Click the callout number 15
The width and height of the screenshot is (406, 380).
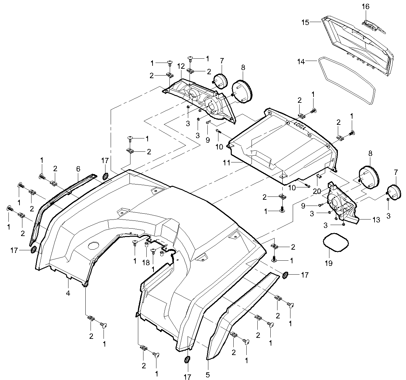click(x=305, y=22)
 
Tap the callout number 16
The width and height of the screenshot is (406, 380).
click(x=366, y=6)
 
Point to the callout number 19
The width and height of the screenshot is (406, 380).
click(x=328, y=263)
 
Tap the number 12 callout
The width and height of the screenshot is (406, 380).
click(x=181, y=66)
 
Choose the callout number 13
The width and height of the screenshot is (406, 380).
click(x=376, y=220)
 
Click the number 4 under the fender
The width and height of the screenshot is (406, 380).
click(x=68, y=293)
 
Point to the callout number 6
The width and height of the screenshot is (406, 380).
click(x=78, y=169)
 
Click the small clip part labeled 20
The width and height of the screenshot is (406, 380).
click(x=319, y=176)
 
